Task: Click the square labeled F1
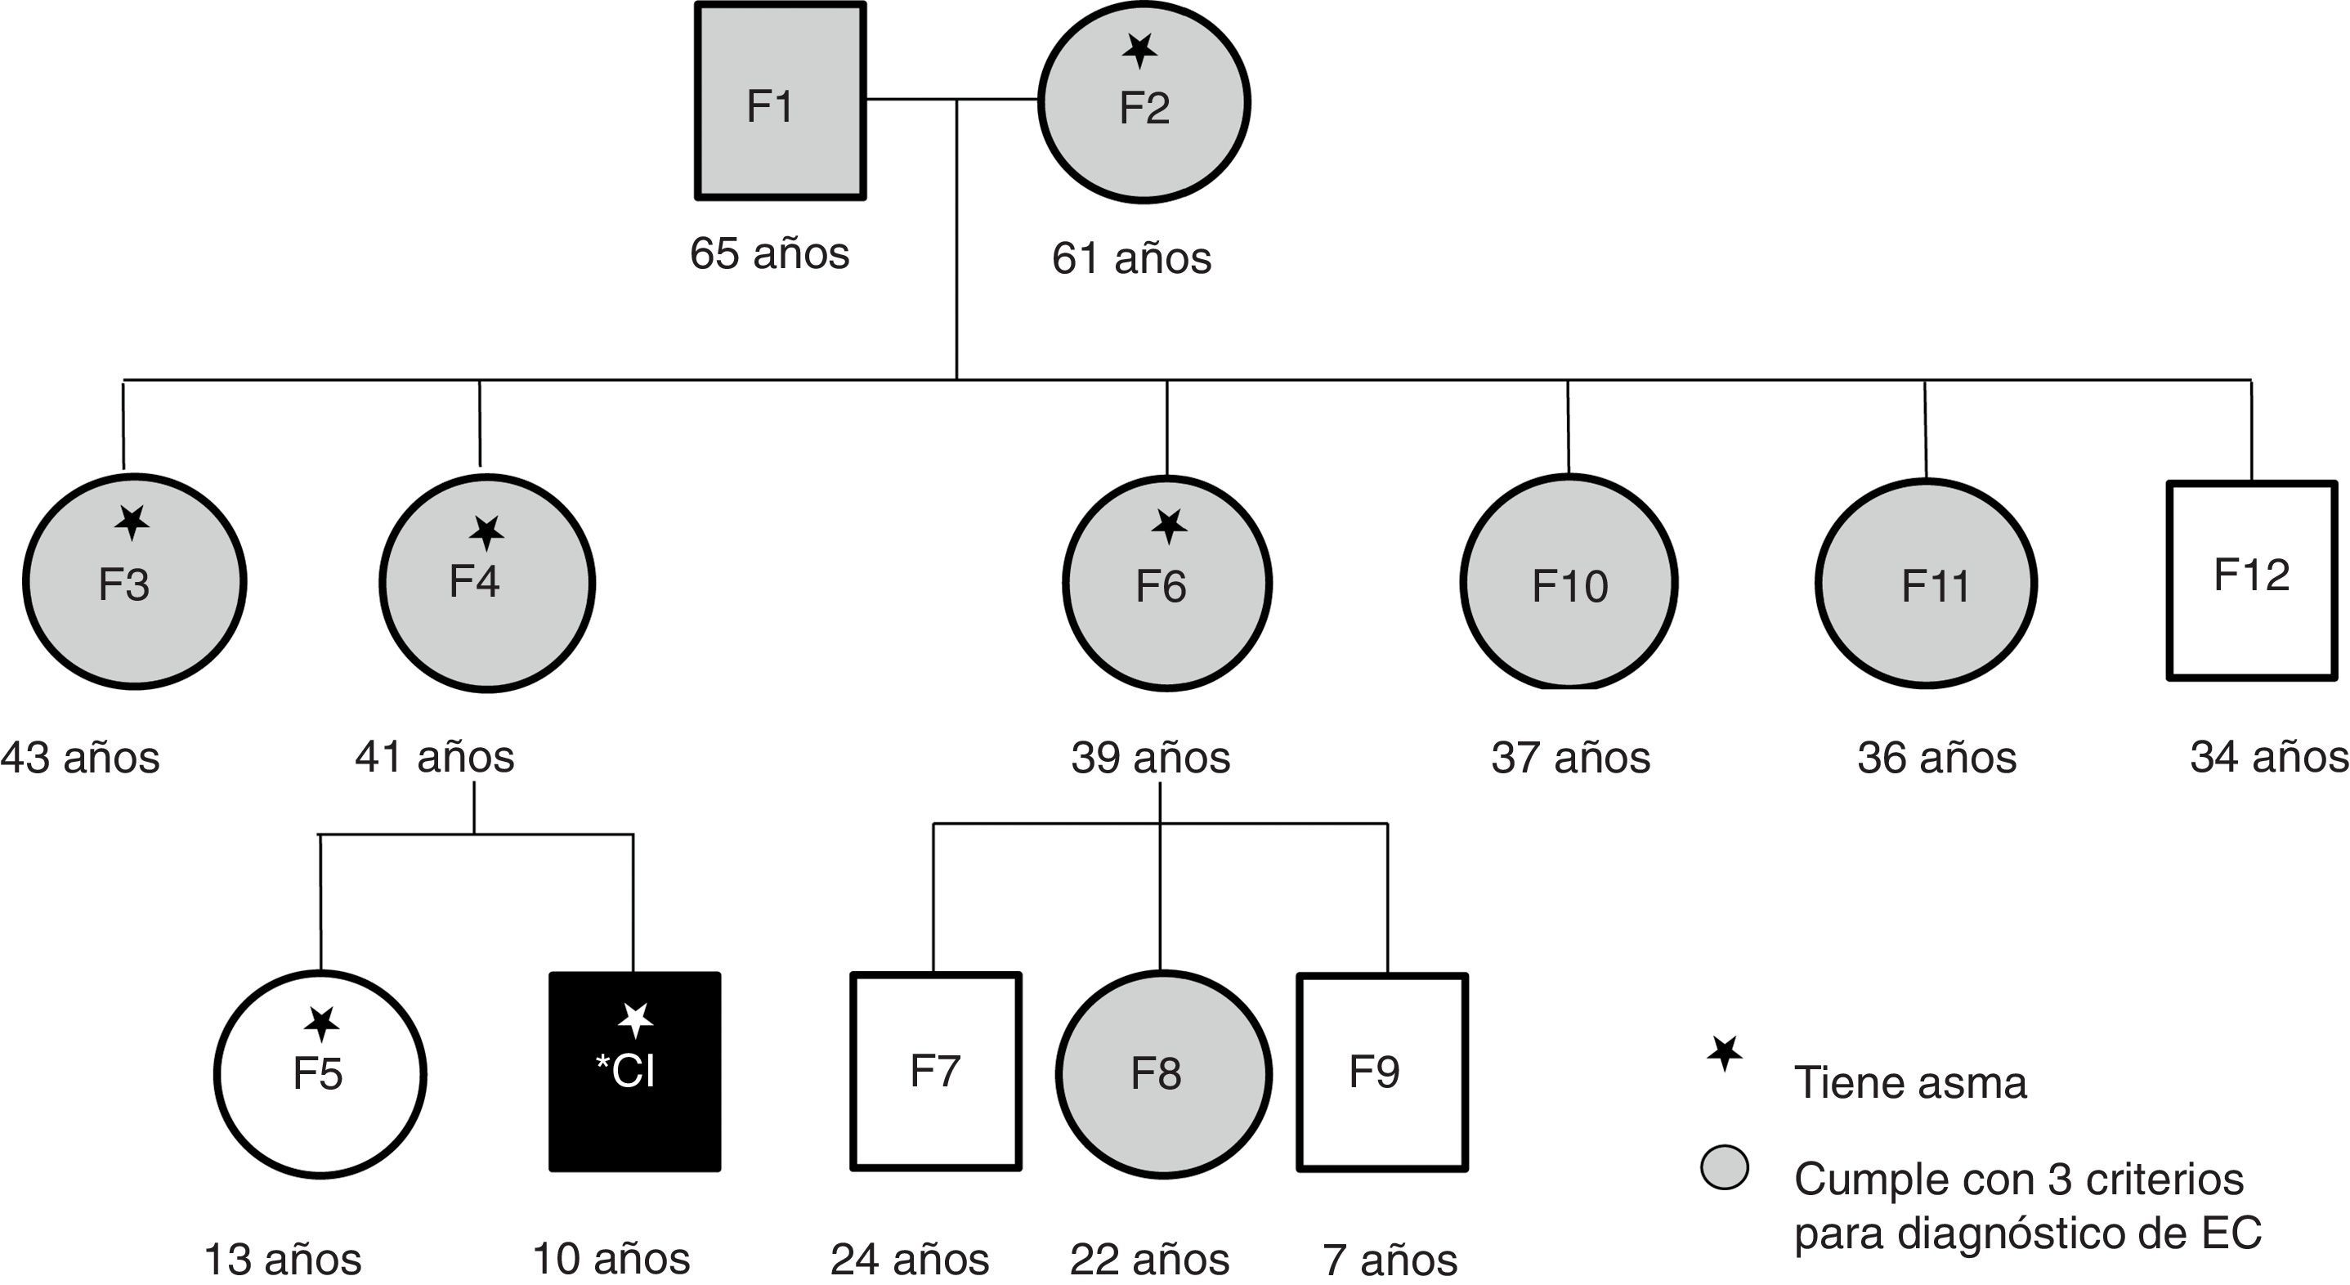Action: [780, 101]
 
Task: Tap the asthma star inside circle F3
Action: [133, 522]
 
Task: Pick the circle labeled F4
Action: [487, 583]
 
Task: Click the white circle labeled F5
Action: [320, 1073]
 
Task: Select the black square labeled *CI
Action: [634, 1072]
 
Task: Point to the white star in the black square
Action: [635, 1019]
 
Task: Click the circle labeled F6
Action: [1166, 583]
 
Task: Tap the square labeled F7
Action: [935, 1072]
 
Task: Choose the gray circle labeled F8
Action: [1163, 1073]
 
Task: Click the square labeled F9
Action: [1382, 1072]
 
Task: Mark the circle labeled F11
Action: [1926, 583]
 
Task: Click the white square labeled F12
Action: [2251, 581]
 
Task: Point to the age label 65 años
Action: [769, 253]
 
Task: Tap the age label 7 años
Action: [1390, 1260]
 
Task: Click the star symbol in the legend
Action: [1724, 1054]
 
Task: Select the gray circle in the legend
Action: [1724, 1168]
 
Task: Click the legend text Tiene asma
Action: [1910, 1082]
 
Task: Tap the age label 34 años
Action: [2269, 757]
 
